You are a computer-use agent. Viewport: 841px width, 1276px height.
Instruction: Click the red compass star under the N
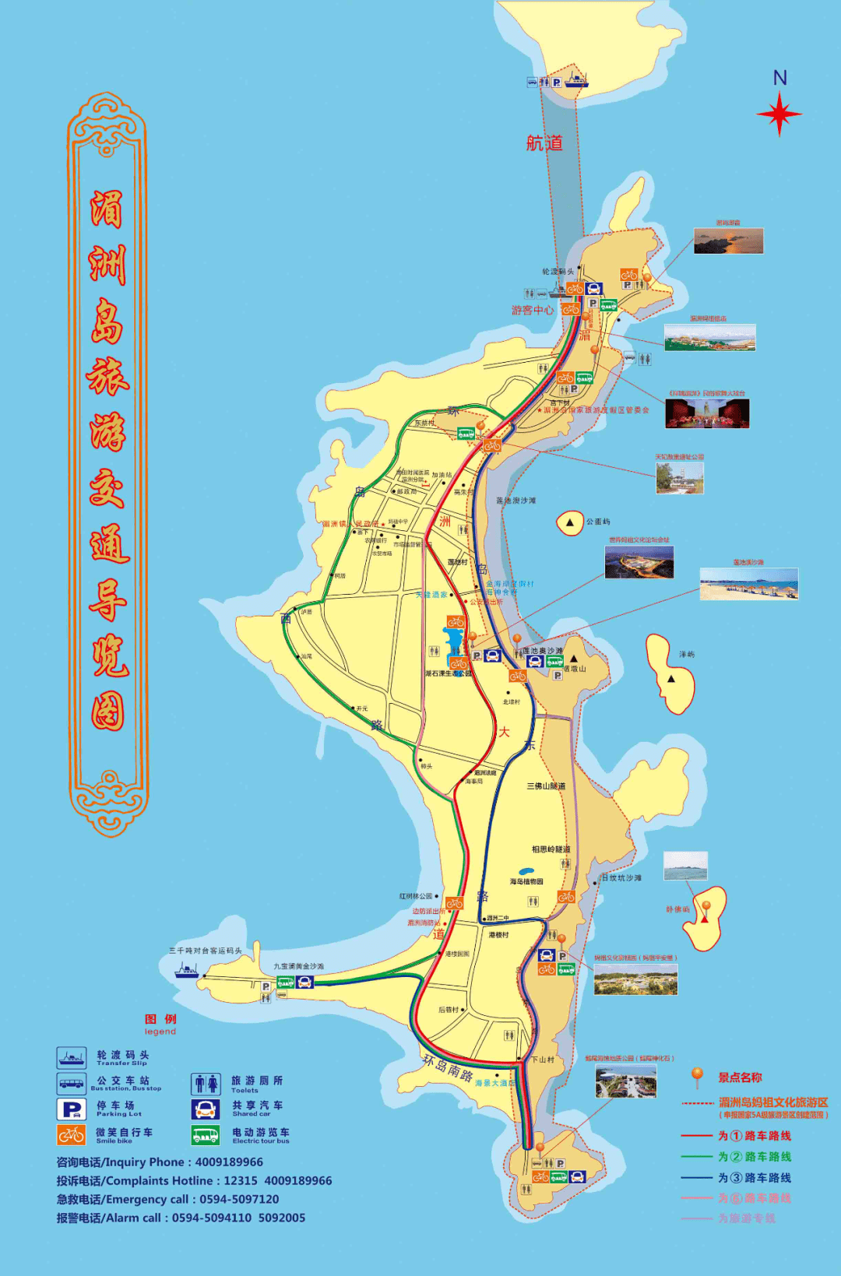(779, 114)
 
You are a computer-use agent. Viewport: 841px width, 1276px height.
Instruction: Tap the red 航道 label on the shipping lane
(544, 143)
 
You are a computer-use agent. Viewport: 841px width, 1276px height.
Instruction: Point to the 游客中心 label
(533, 310)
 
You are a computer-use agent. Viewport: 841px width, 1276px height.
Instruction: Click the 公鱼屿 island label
(598, 522)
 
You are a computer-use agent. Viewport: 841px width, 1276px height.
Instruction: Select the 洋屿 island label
(686, 655)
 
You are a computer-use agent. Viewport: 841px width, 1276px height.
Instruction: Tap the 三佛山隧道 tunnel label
(546, 786)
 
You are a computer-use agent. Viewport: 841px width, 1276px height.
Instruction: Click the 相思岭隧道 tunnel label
(551, 849)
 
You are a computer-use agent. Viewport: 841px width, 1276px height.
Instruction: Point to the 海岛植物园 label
(526, 882)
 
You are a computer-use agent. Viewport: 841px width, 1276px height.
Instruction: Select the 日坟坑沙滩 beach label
(621, 878)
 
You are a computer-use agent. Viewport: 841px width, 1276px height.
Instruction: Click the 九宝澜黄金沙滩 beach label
(298, 966)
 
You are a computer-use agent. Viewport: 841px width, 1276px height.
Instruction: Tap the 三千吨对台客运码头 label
(206, 951)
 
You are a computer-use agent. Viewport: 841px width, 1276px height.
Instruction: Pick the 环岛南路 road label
(448, 1068)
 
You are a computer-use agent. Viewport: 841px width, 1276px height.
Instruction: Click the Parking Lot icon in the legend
(72, 1109)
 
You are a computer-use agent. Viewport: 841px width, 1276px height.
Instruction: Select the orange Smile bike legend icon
(72, 1135)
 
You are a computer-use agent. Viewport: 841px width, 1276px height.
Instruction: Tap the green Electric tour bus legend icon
(206, 1135)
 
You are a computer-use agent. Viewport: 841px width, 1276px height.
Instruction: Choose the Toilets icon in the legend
(206, 1084)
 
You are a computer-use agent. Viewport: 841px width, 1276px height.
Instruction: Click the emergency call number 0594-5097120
(239, 1200)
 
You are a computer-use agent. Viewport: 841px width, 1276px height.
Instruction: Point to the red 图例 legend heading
(160, 1019)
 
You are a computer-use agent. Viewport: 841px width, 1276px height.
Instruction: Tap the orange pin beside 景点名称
(697, 1077)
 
